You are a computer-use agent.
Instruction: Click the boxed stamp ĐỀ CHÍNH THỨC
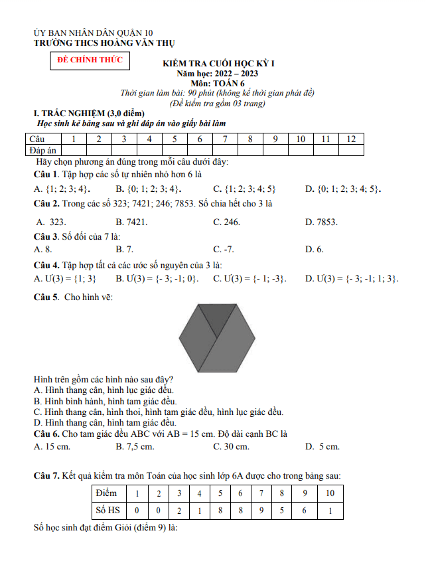pos(90,60)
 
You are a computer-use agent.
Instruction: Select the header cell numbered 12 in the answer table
pos(352,139)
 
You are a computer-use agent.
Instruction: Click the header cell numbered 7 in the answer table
pos(226,139)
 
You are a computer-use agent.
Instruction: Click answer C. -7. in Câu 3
pos(223,249)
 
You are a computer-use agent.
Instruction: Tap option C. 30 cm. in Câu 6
pos(231,447)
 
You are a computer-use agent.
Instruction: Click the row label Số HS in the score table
pos(107,510)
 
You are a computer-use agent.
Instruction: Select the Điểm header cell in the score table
pos(106,493)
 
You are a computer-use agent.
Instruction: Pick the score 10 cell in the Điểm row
pos(330,493)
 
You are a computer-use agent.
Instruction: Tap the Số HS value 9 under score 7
pos(261,510)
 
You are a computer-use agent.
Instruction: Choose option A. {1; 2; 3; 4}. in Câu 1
pos(62,189)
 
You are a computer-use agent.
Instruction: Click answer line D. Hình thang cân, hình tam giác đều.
pos(105,422)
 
